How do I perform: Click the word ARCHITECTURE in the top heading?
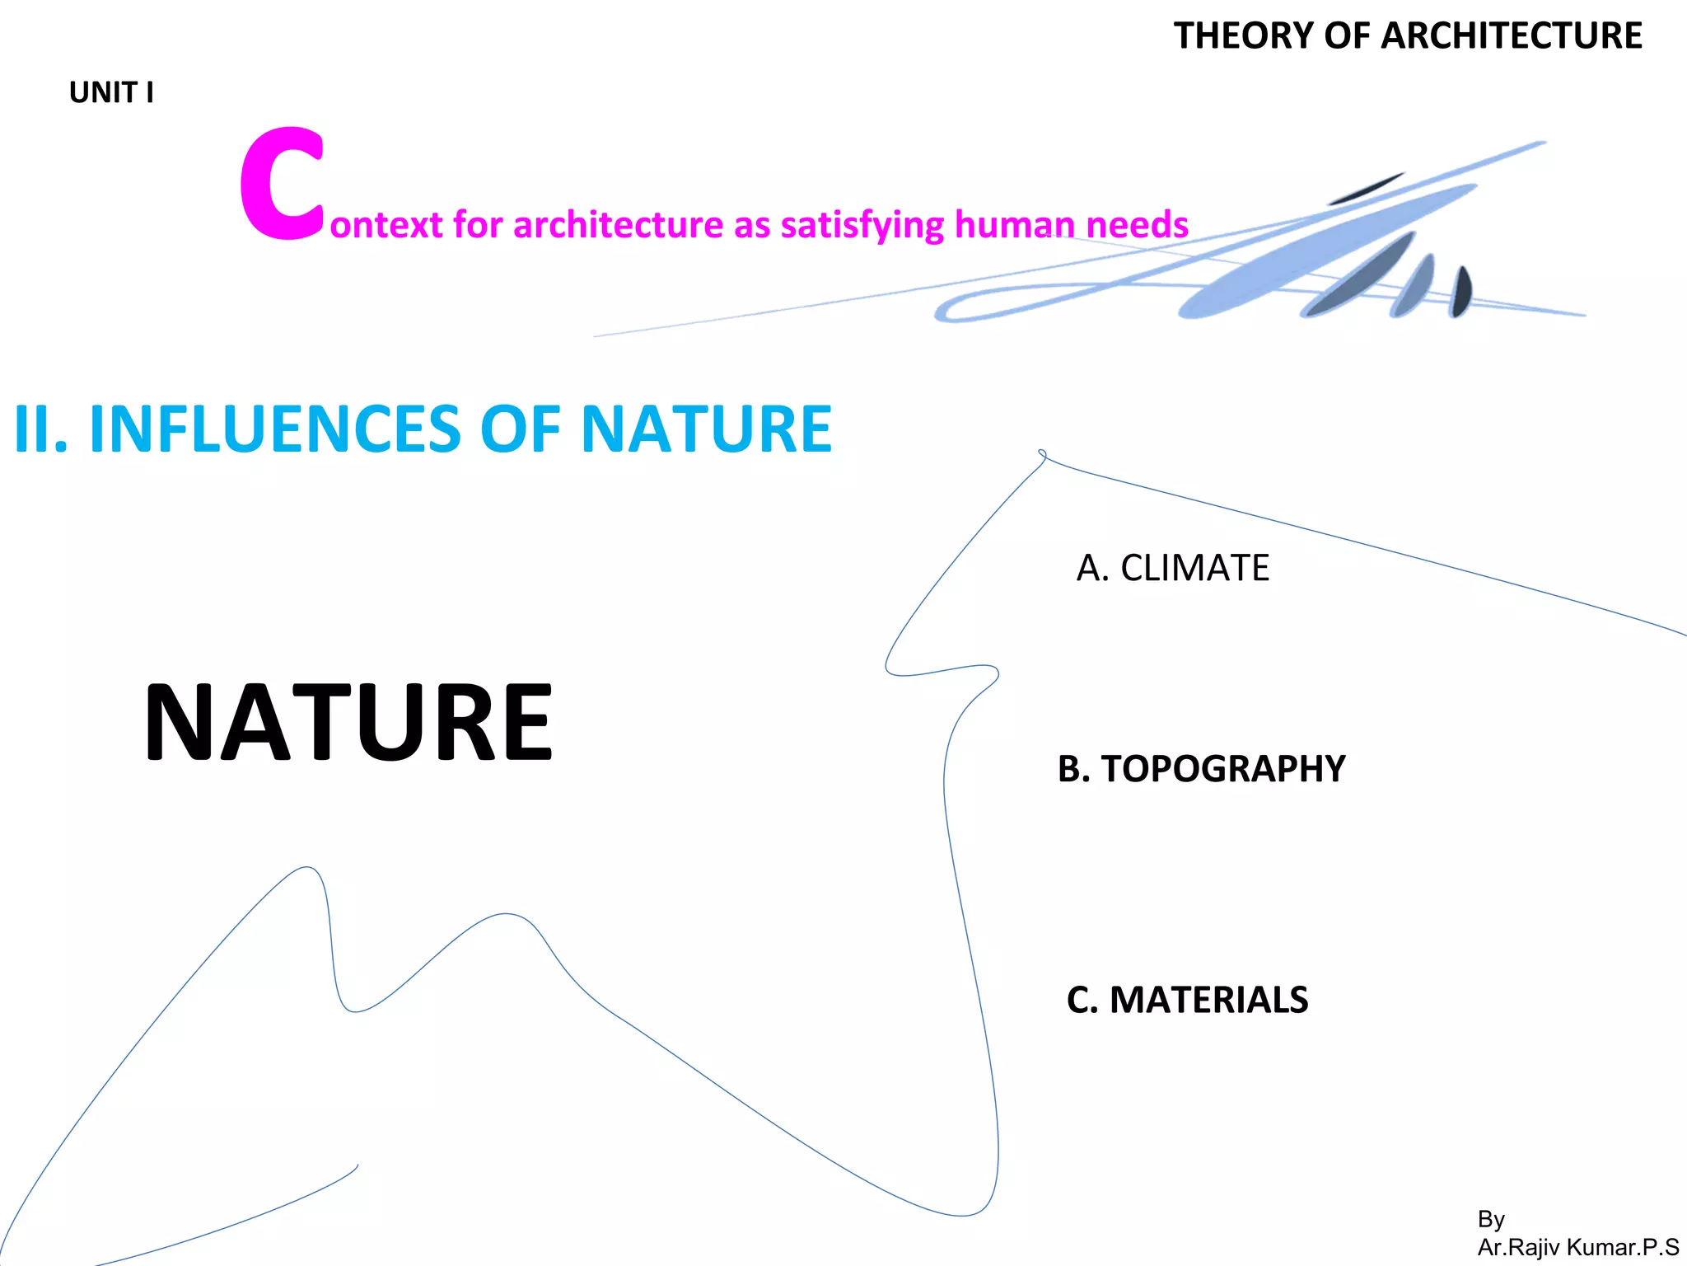[1512, 36]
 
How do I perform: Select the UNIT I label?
[111, 92]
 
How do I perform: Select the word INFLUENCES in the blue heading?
[275, 429]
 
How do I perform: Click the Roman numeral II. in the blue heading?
[40, 429]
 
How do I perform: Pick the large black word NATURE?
[348, 723]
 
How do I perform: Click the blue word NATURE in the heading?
[707, 429]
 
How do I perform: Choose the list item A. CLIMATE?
[1172, 568]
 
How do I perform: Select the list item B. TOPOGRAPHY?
[1201, 769]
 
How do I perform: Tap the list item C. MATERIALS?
[1187, 1000]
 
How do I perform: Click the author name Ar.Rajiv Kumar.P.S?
[1577, 1247]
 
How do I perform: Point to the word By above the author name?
[1491, 1219]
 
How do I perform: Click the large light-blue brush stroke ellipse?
[1326, 251]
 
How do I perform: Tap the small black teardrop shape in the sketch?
[1460, 292]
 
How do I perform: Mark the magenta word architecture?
[618, 225]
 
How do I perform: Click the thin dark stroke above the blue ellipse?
[1366, 189]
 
